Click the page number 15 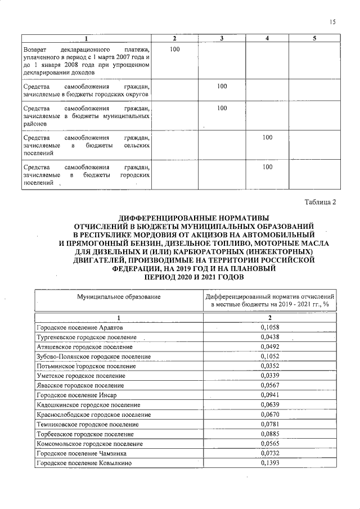click(332, 22)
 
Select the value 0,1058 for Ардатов click(270, 327)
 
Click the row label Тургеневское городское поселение click(86, 337)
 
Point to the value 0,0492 click(270, 346)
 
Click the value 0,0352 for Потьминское click(270, 366)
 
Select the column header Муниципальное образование click(119, 296)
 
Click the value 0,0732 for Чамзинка click(270, 453)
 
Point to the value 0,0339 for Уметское click(270, 375)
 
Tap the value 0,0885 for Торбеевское click(270, 434)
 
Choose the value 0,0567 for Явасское click(270, 385)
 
